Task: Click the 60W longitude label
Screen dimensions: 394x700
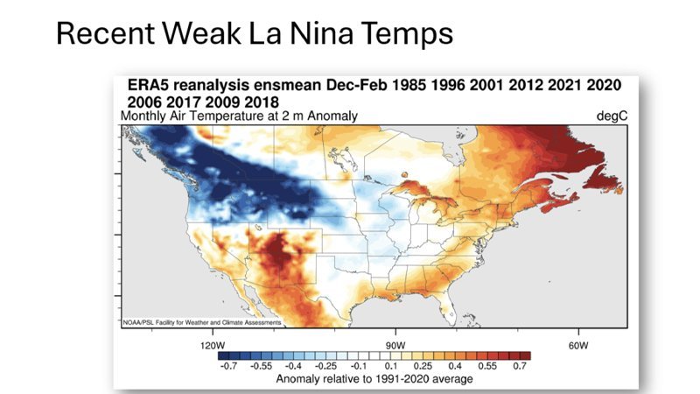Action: pyautogui.click(x=576, y=345)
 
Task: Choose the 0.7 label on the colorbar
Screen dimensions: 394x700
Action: pyautogui.click(x=521, y=367)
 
